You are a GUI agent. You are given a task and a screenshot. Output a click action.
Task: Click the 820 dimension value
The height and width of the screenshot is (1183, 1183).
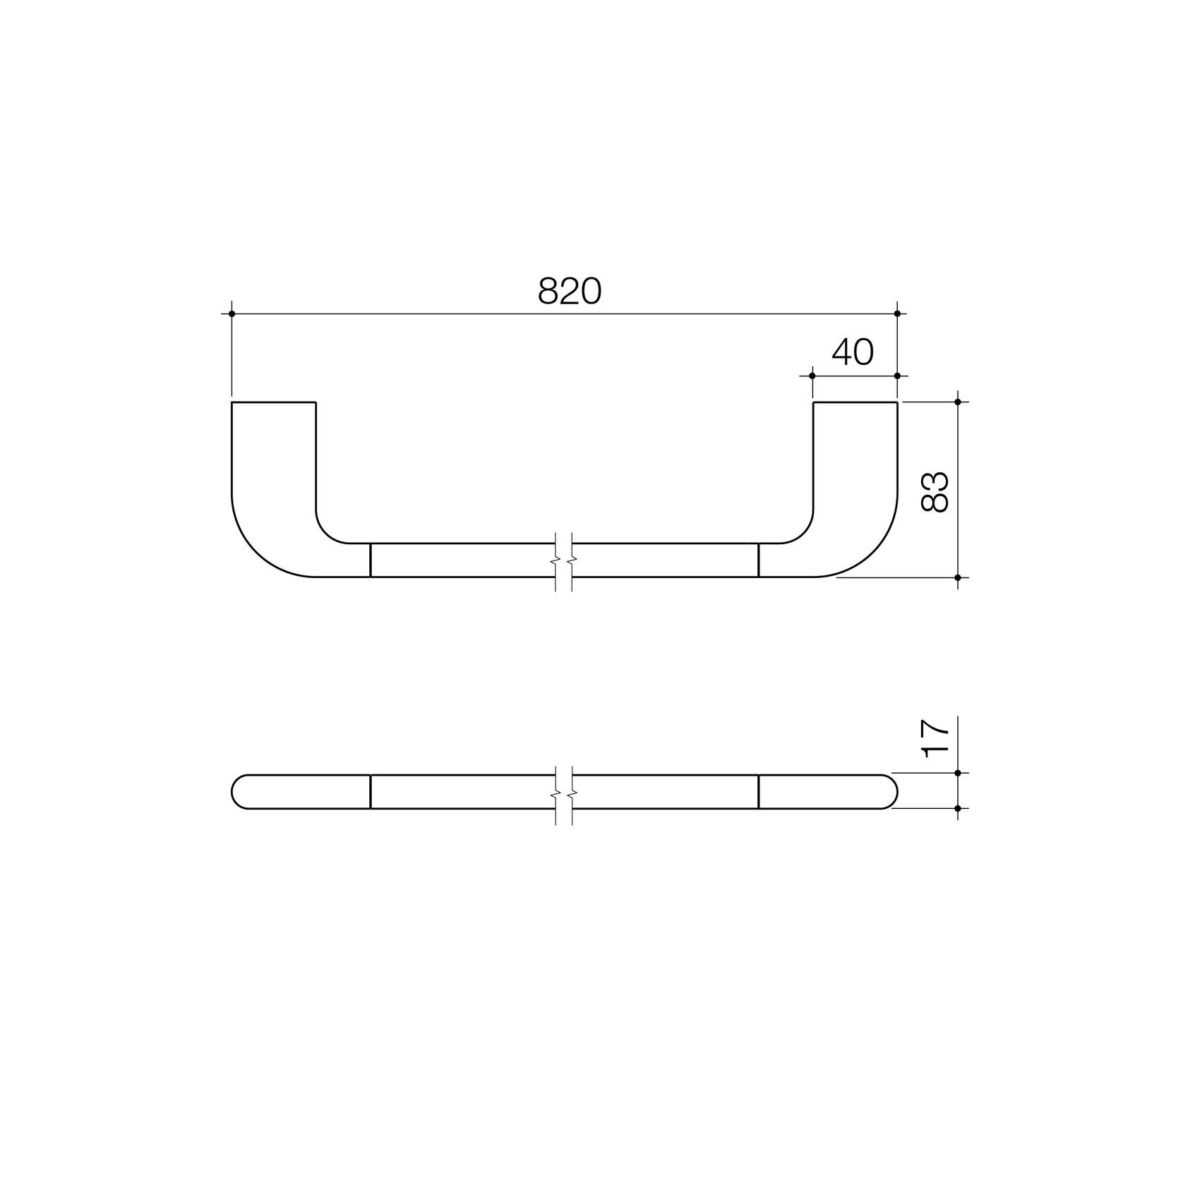pyautogui.click(x=569, y=291)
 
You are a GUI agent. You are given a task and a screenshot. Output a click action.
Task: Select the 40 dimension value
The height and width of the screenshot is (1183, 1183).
pyautogui.click(x=853, y=352)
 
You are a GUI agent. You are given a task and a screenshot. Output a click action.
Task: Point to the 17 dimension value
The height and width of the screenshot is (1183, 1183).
pyautogui.click(x=935, y=739)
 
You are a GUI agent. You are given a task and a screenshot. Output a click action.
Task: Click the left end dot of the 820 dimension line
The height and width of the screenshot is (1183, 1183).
pyautogui.click(x=232, y=313)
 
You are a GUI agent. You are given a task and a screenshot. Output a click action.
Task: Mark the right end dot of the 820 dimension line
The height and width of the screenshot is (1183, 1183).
pyautogui.click(x=897, y=313)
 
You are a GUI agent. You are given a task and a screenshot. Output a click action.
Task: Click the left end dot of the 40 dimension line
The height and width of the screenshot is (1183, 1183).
pyautogui.click(x=812, y=376)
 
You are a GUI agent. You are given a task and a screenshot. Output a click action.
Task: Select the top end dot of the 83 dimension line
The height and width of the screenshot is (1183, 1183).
pyautogui.click(x=958, y=402)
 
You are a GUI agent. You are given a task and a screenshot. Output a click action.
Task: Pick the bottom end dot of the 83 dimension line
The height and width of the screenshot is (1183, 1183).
pyautogui.click(x=958, y=577)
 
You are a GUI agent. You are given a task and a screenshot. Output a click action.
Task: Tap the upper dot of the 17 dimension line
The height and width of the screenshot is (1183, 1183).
pyautogui.click(x=958, y=773)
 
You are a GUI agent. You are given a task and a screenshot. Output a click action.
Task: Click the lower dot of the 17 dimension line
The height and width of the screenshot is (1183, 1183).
pyautogui.click(x=958, y=807)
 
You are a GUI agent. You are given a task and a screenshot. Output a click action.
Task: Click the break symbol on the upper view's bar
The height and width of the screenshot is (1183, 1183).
pyautogui.click(x=563, y=560)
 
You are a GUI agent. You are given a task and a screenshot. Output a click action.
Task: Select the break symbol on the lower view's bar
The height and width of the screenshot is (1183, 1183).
pyautogui.click(x=563, y=792)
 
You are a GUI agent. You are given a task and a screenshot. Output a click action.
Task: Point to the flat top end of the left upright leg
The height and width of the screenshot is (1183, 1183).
pyautogui.click(x=273, y=402)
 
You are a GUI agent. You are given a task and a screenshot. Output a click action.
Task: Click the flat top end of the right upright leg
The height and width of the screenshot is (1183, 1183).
pyautogui.click(x=855, y=402)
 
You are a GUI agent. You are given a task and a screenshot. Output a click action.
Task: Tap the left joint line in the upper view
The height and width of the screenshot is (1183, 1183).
pyautogui.click(x=371, y=560)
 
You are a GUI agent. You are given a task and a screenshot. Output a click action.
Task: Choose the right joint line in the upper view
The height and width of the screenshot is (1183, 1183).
pyautogui.click(x=758, y=560)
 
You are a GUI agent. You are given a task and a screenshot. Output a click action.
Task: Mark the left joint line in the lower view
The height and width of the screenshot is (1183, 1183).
pyautogui.click(x=371, y=791)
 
